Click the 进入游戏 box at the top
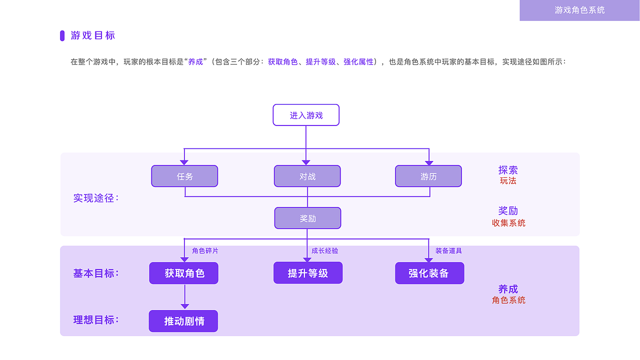pos(306,115)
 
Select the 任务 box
pos(184,176)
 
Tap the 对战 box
pos(307,176)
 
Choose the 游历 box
pos(428,176)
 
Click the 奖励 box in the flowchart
pos(307,218)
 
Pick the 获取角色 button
pos(184,273)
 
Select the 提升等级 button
pos(308,273)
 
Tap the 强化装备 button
pos(429,273)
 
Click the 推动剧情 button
pos(183,321)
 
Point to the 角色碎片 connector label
pos(205,251)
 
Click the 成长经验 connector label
pos(325,251)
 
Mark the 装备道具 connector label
pos(448,251)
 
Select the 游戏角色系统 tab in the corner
pos(579,10)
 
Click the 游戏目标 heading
pos(93,35)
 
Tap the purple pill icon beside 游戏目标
pos(62,35)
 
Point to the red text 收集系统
pos(508,223)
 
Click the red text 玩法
pos(508,181)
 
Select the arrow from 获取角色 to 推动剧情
pos(184,297)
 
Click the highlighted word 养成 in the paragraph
pos(195,62)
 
